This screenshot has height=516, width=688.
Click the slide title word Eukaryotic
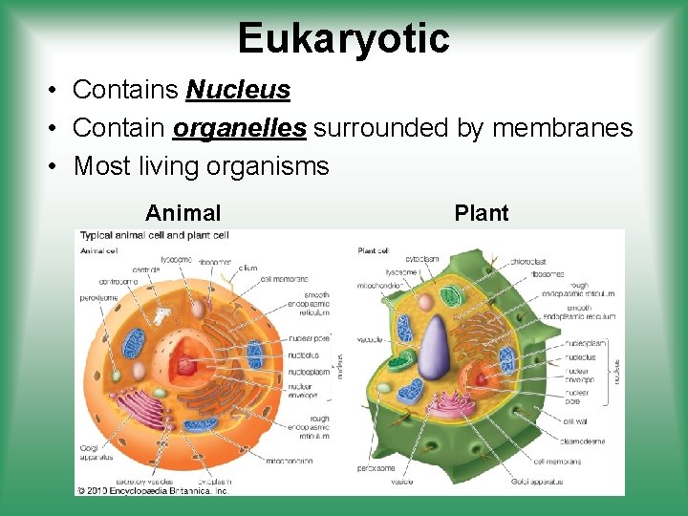click(x=343, y=38)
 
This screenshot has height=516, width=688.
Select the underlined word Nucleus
click(x=238, y=90)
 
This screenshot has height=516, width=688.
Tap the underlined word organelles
click(x=240, y=128)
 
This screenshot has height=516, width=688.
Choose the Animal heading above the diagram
click(x=183, y=213)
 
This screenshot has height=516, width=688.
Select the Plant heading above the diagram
click(x=482, y=213)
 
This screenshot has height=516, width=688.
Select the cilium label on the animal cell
click(x=247, y=269)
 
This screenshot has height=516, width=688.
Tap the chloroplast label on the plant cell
click(x=527, y=260)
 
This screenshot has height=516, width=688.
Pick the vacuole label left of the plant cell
click(x=371, y=339)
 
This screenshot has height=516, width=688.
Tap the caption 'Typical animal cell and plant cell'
click(x=154, y=235)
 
